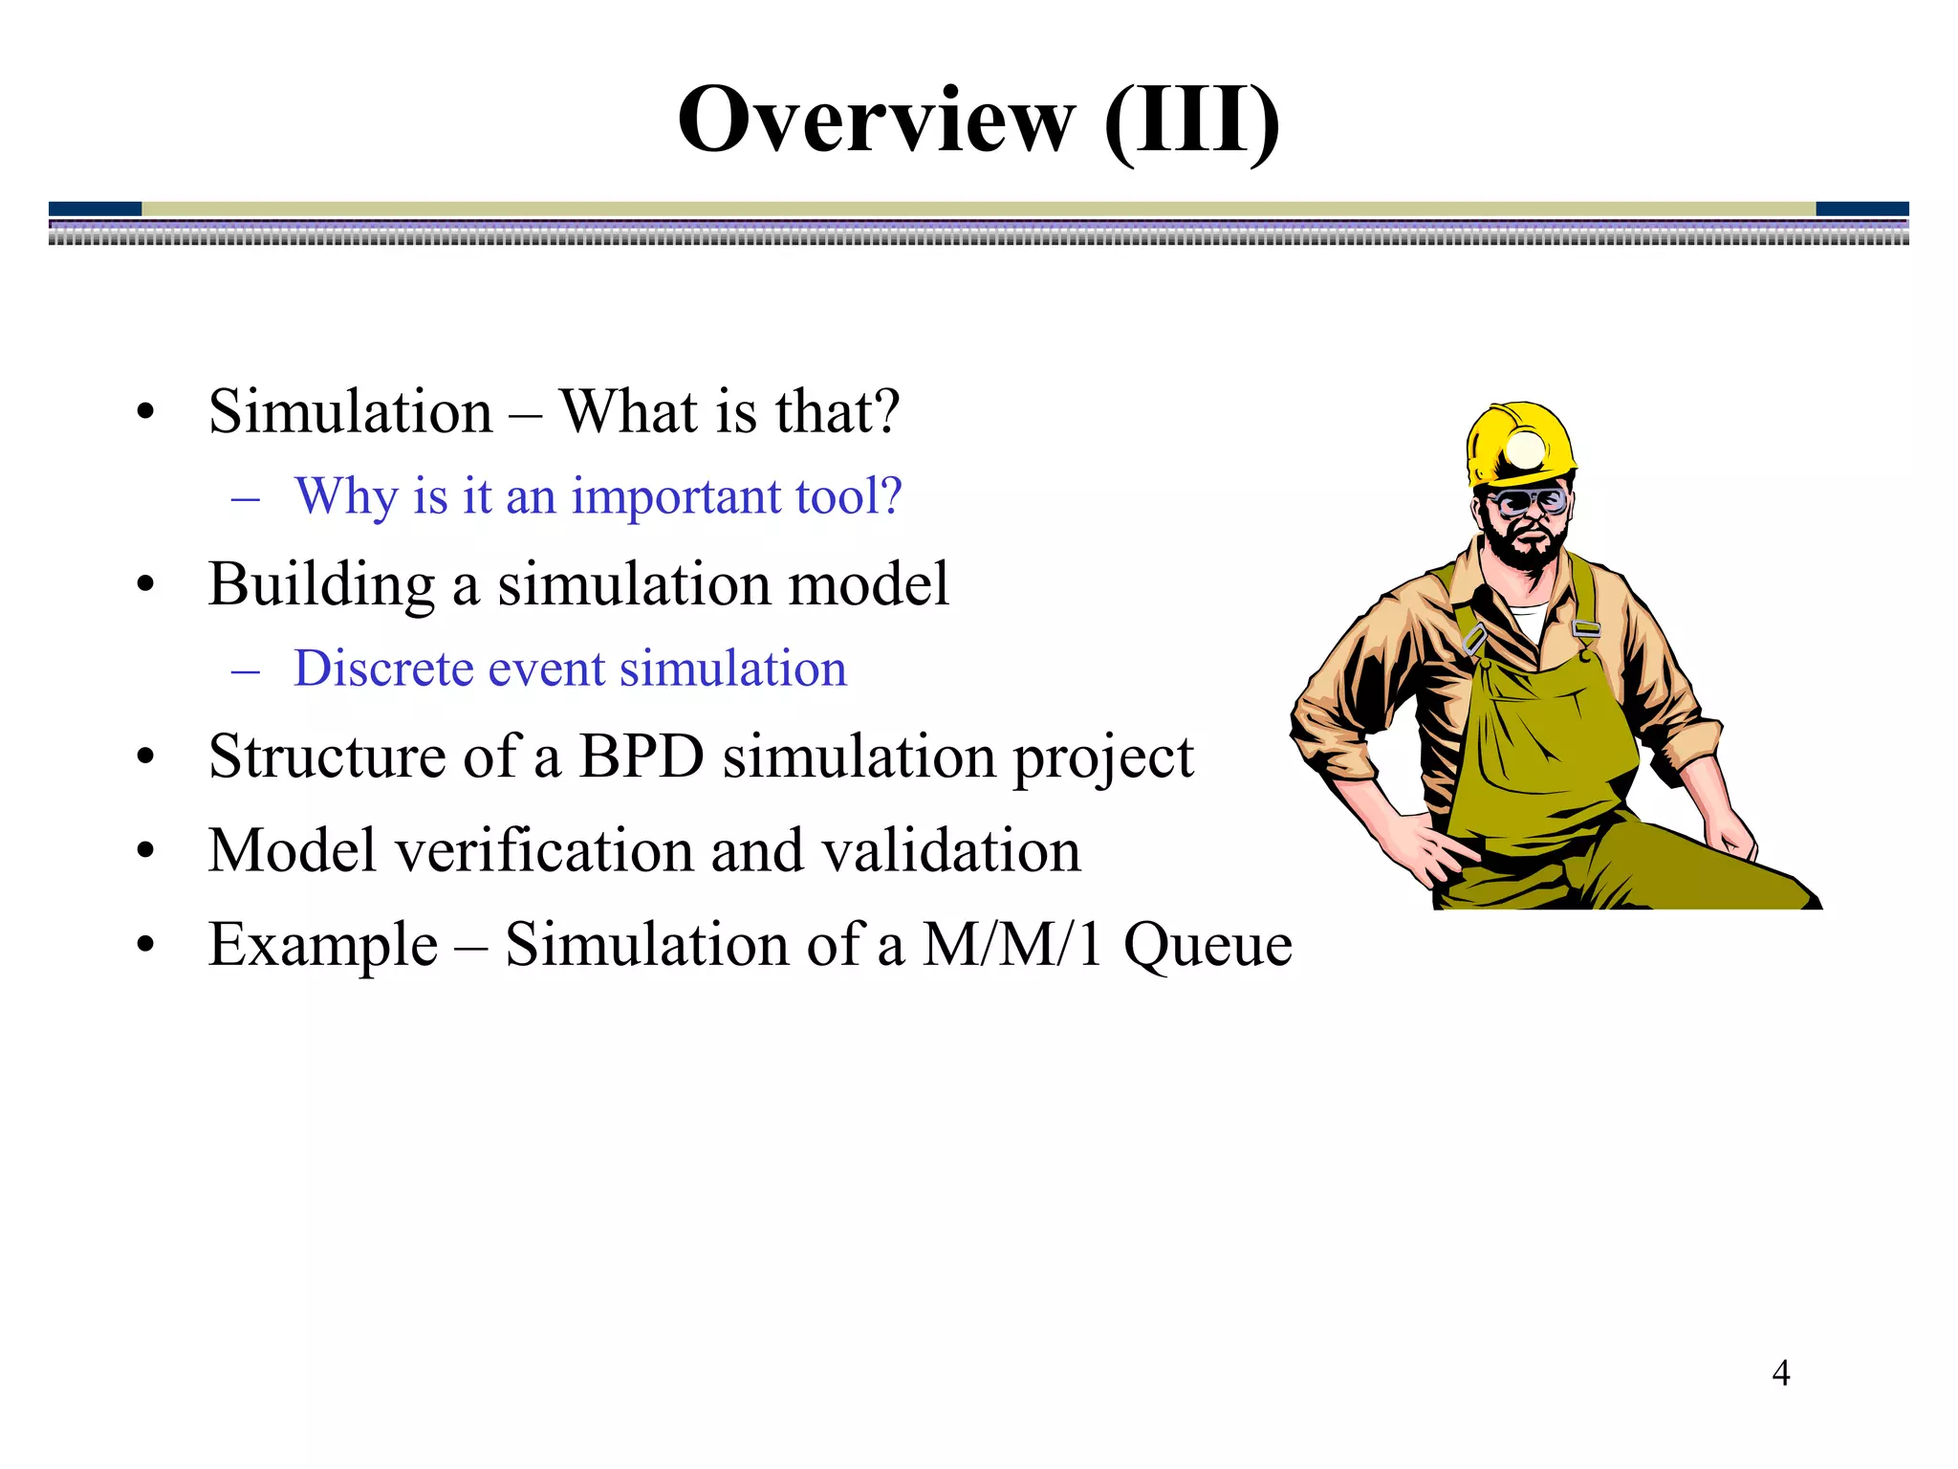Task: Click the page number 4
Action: click(1780, 1373)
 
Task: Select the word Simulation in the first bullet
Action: click(350, 412)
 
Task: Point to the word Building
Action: click(321, 584)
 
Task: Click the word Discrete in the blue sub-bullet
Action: click(382, 669)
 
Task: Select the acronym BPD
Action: click(642, 756)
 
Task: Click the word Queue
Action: click(1207, 945)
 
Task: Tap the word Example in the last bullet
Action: click(323, 945)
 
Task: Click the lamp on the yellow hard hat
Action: click(1524, 449)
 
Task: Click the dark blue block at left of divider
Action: click(95, 208)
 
